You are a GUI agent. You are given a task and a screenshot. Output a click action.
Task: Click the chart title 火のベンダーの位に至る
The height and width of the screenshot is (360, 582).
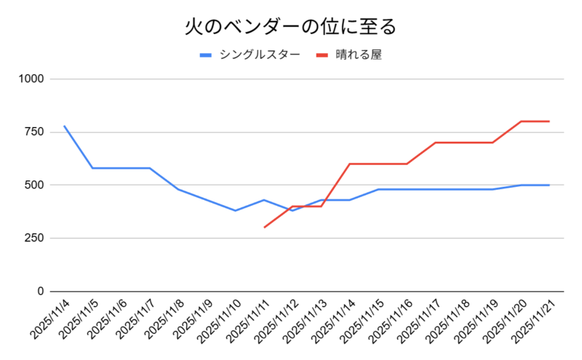point(290,27)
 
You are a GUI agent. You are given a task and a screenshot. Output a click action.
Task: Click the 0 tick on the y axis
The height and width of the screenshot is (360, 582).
point(41,291)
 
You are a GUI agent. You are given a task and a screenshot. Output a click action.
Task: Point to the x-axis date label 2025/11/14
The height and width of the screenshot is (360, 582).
point(334,320)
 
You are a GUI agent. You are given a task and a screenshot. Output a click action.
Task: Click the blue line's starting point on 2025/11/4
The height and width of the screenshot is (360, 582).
point(64,126)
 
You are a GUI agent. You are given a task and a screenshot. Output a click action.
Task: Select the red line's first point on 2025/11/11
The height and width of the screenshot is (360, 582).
point(264,228)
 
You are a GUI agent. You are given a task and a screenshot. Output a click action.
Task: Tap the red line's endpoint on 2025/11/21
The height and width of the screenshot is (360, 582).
point(549,121)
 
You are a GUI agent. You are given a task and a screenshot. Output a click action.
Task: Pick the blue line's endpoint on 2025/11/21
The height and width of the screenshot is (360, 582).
point(549,185)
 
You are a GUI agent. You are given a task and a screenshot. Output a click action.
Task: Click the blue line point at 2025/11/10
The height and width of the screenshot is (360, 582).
point(235,211)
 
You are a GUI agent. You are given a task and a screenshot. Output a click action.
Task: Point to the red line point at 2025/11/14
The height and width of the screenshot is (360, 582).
point(349,164)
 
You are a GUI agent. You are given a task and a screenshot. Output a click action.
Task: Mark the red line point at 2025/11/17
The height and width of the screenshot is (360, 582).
point(435,143)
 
